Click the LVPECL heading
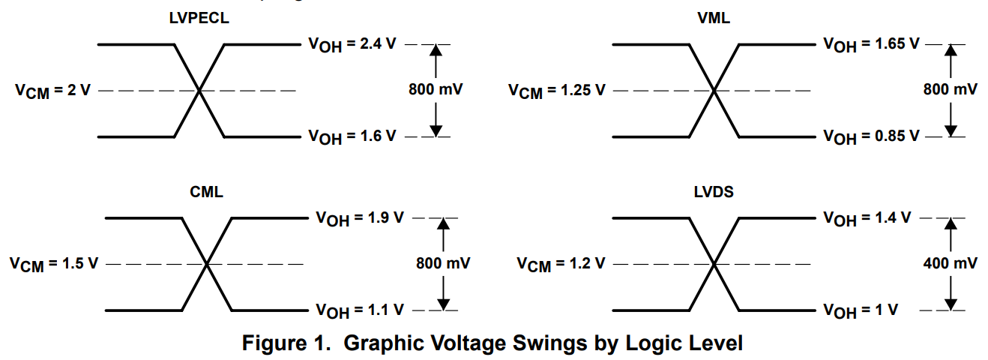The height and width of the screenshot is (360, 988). (x=199, y=19)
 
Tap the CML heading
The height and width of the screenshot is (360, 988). (x=206, y=193)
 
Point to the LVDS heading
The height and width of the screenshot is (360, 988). (x=713, y=193)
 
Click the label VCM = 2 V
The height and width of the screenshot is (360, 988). (x=52, y=91)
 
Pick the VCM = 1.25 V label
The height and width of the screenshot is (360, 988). (x=557, y=91)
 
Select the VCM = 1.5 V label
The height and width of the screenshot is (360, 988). (x=54, y=264)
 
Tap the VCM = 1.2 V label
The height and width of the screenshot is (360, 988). (x=561, y=264)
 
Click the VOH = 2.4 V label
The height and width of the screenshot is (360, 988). (x=352, y=44)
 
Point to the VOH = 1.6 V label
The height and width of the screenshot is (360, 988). (x=352, y=136)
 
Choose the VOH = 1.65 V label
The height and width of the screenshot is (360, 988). (x=871, y=44)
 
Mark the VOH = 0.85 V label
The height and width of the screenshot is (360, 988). (x=871, y=136)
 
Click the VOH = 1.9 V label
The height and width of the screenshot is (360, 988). (x=359, y=218)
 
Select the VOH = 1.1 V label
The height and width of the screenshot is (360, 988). (x=359, y=310)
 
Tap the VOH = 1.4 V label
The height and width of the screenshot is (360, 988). (x=867, y=218)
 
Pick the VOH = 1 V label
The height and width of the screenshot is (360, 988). (x=861, y=310)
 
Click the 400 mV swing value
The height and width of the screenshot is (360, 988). (x=950, y=263)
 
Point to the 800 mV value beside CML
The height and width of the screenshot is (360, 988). (x=443, y=263)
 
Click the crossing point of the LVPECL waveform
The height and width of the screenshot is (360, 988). (x=199, y=91)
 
